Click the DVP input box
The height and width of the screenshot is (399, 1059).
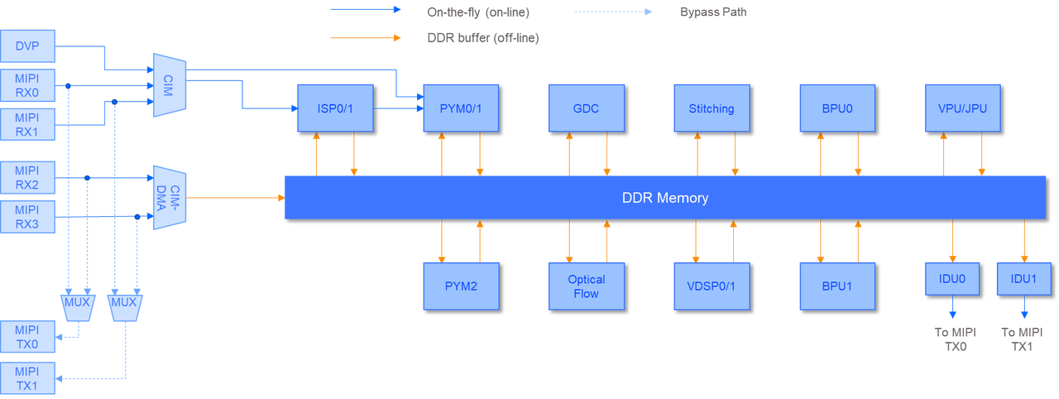[x=29, y=46]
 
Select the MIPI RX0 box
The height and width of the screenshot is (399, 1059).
[x=29, y=85]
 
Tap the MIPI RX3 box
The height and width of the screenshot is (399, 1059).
[x=29, y=218]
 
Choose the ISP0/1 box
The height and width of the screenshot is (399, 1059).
[x=334, y=108]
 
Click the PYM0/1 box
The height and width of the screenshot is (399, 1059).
[x=461, y=108]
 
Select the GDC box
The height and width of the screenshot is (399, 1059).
[x=586, y=108]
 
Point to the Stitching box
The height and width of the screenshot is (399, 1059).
[x=712, y=108]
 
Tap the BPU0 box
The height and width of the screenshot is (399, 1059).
[x=836, y=108]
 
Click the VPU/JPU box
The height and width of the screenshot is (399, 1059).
[x=962, y=108]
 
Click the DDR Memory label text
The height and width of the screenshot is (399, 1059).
[x=664, y=198]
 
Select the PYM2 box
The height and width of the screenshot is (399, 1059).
[x=461, y=286]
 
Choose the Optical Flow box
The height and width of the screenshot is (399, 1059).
[x=586, y=286]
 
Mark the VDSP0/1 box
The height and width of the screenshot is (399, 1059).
[x=712, y=286]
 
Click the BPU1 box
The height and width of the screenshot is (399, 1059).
[x=836, y=286]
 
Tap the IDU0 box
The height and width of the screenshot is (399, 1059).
[x=951, y=279]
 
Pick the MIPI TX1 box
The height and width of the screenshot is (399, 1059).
[x=29, y=377]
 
